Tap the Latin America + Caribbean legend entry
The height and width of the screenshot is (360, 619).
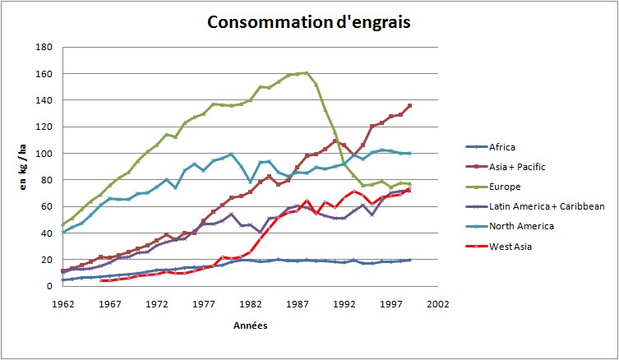534,206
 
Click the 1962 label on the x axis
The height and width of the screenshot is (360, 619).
62,302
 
